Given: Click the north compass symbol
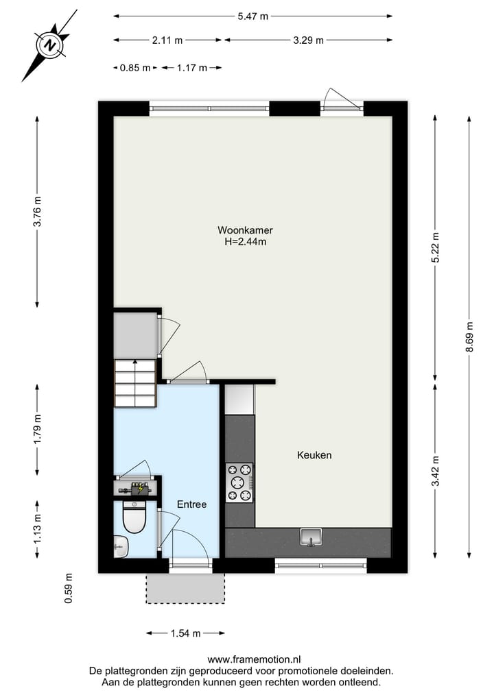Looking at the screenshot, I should pos(49,45).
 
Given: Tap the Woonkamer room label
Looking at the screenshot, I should pos(240,230).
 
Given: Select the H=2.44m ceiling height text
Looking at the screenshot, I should pos(240,241).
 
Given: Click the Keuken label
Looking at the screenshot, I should pos(314,455).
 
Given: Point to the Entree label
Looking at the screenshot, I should pos(191,504).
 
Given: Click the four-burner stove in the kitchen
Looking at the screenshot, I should pos(239,482).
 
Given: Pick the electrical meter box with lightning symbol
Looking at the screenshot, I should pos(137,489).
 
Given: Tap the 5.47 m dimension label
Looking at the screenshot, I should pos(252,17).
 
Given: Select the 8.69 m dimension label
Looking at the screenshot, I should pos(469,337).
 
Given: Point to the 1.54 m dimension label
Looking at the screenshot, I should pos(185,633).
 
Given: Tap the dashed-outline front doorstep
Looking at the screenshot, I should pos(185,589).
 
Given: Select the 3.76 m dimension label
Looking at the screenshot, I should pos(38,212).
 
